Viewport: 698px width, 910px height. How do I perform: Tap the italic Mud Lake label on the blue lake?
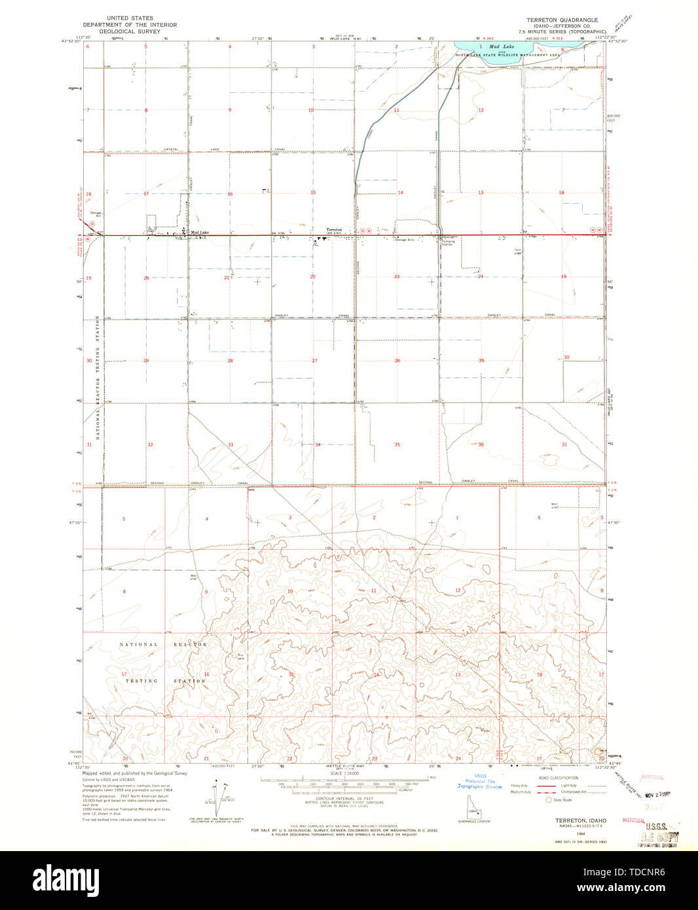tap(505, 46)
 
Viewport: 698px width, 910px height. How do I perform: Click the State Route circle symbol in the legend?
tap(549, 799)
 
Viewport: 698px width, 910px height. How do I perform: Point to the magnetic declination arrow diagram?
tap(216, 800)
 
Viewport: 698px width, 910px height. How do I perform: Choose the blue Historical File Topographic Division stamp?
tap(480, 783)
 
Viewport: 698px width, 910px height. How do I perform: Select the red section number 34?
tap(318, 445)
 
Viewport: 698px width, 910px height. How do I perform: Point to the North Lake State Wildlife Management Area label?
tap(508, 56)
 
